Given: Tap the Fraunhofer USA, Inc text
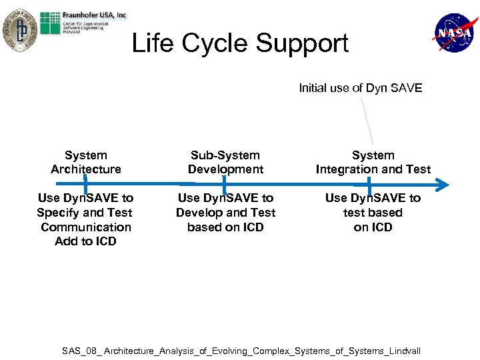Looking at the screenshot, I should coord(95,15).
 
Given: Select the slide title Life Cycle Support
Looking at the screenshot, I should coord(240,43).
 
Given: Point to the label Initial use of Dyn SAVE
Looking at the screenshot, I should coord(360,88).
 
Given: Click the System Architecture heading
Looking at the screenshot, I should coord(86,162).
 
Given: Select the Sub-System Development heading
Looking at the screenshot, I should coord(225,162).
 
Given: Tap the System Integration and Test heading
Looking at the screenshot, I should coord(373,162).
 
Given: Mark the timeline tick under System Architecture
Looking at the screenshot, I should coord(85,183).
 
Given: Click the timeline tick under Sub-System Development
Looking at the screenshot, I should coord(224,183).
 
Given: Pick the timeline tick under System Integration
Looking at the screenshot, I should coord(369,183).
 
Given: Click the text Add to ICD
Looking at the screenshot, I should coord(85,241).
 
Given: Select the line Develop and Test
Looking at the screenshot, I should coord(225,213).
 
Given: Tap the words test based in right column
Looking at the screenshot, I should coord(373,213).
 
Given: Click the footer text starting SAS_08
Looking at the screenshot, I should coord(241,351).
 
